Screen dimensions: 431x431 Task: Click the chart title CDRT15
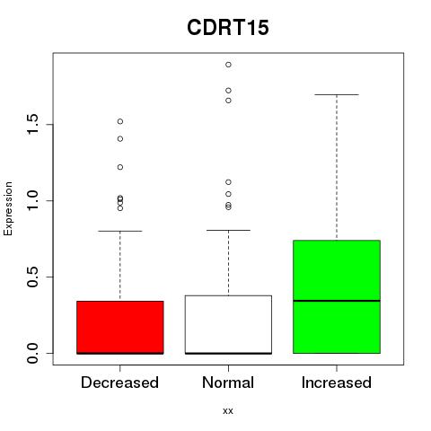point(228,28)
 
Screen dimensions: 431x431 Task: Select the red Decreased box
point(120,328)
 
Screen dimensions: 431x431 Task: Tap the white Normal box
point(228,325)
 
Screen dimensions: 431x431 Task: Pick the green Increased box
point(337,296)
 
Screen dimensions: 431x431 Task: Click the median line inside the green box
point(337,301)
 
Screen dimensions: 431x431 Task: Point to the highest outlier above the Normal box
point(228,65)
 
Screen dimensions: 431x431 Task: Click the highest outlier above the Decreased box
point(120,121)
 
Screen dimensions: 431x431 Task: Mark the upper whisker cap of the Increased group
point(337,94)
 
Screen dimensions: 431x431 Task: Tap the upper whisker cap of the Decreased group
point(120,231)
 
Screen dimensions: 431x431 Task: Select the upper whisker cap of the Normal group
point(228,230)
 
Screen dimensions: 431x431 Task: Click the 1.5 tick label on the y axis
point(32,124)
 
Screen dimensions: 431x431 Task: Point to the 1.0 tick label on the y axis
point(32,200)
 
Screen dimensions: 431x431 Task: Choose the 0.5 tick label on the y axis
point(32,277)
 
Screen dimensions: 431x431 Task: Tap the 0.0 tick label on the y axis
point(32,353)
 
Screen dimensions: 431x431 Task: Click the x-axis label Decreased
point(119,383)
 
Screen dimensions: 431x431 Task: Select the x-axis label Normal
point(228,383)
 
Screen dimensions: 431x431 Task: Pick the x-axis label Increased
point(337,383)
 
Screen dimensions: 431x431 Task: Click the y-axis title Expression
point(8,208)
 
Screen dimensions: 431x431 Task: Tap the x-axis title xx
point(228,411)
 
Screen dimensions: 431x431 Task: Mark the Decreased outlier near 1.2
point(120,167)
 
